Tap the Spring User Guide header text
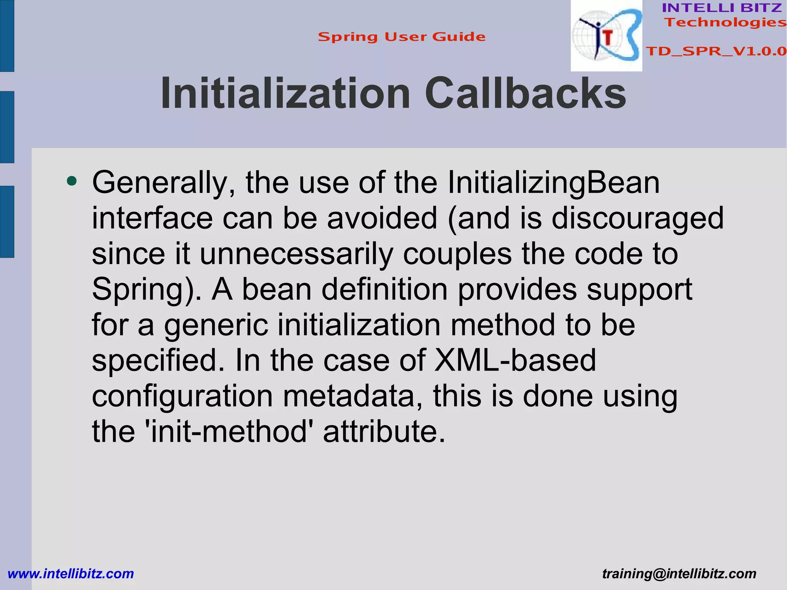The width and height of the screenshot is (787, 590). (402, 37)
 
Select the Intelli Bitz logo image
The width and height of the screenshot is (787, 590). (606, 36)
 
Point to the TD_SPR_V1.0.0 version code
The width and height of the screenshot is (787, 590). (716, 51)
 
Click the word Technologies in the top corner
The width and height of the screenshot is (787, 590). (725, 22)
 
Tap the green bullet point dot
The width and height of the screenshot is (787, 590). (71, 181)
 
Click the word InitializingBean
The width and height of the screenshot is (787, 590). (553, 183)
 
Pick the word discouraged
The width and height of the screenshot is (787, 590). (638, 218)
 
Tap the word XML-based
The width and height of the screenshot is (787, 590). (515, 360)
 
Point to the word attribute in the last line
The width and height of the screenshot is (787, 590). (384, 432)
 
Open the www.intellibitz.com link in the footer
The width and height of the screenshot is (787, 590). (71, 573)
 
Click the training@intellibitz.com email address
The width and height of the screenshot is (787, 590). (679, 573)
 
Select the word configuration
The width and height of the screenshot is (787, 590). (182, 396)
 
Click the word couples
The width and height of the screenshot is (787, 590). (457, 254)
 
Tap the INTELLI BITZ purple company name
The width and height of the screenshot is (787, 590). (722, 8)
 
